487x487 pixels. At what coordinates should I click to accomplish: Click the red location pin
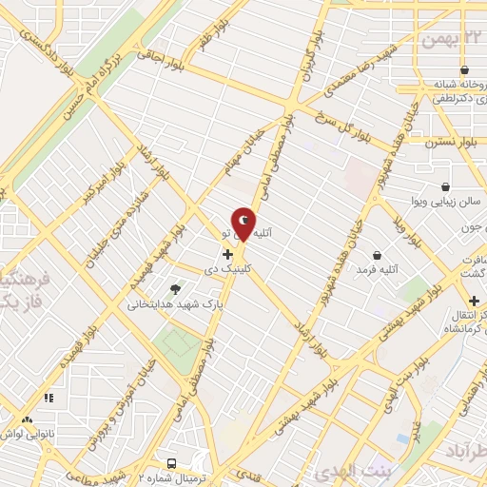pyautogui.click(x=243, y=224)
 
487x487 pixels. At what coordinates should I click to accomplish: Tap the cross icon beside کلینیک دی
pyautogui.click(x=227, y=254)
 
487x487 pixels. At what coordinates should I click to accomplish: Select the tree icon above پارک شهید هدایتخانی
pyautogui.click(x=175, y=289)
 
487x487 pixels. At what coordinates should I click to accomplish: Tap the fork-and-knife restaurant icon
pyautogui.click(x=26, y=419)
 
